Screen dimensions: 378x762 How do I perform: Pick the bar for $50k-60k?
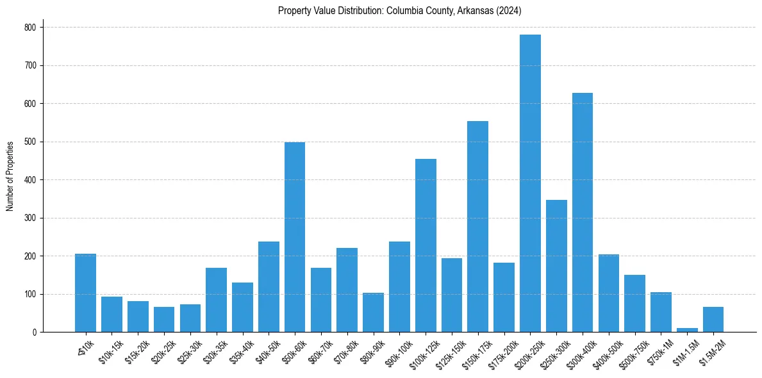295,237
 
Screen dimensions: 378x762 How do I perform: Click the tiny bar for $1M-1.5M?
687,330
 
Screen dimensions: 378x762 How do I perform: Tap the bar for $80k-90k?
373,313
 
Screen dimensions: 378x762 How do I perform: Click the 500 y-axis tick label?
31,142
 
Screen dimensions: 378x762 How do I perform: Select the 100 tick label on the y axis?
31,294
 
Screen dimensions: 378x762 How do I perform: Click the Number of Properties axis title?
10,176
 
